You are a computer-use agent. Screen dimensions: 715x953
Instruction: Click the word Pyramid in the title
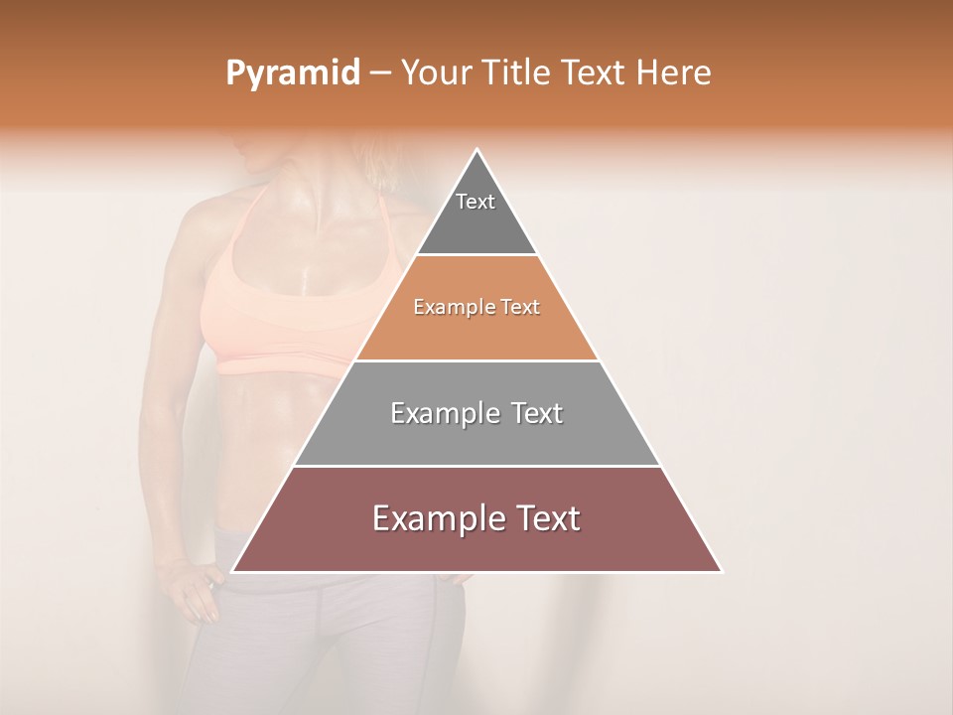(293, 73)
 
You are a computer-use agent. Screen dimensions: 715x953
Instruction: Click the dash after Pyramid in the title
(380, 73)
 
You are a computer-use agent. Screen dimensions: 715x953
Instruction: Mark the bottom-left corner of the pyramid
(232, 572)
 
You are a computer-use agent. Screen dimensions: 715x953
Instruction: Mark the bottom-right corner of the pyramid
(722, 572)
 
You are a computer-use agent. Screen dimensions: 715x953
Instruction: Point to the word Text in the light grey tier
(531, 413)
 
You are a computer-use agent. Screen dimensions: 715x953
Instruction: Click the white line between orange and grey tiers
(476, 360)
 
